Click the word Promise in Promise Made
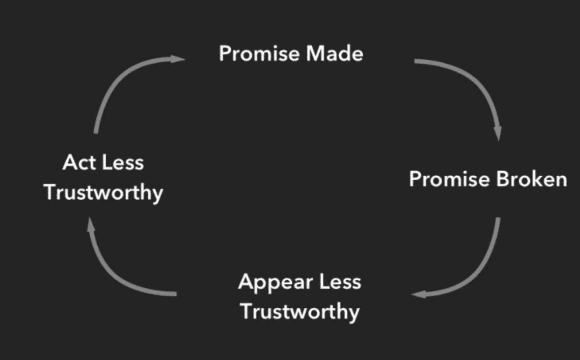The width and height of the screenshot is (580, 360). [x=259, y=54]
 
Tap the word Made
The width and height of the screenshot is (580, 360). [x=334, y=54]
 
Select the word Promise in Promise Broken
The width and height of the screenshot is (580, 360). [x=449, y=179]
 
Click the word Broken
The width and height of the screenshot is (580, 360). [x=532, y=179]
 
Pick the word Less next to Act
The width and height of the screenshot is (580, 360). [x=123, y=162]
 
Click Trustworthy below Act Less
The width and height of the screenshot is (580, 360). [x=103, y=193]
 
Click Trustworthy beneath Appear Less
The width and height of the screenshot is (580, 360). [x=300, y=312]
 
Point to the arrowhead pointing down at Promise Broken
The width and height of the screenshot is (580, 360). [x=498, y=134]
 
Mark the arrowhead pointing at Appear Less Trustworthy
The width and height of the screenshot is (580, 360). [x=419, y=294]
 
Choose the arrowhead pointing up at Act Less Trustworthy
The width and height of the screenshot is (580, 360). [x=91, y=224]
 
